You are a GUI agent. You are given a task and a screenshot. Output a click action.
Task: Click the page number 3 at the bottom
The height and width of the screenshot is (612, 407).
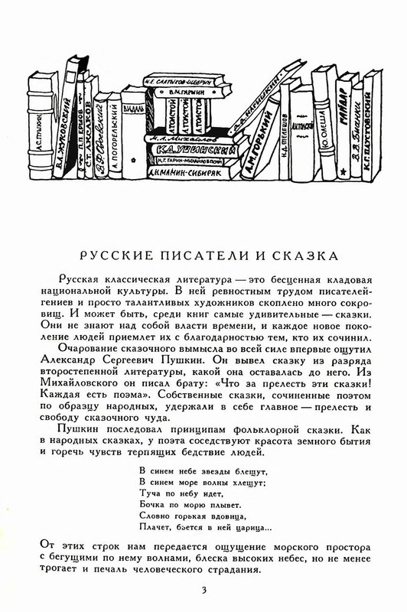click(203, 588)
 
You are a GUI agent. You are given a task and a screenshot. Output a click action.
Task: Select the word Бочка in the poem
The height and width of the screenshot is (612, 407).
click(153, 505)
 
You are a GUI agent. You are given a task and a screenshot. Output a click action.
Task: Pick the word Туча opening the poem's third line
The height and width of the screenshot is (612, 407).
click(151, 494)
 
